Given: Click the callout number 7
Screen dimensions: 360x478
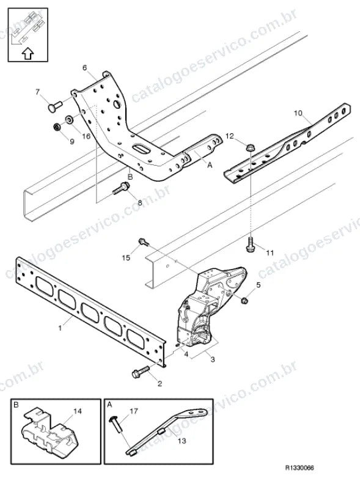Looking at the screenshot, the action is coord(37,92).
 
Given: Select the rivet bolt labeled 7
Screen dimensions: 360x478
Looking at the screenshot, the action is coord(55,106).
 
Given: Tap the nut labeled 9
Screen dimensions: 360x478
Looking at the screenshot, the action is coord(56,126).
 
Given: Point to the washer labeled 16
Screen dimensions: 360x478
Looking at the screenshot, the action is coord(69,119).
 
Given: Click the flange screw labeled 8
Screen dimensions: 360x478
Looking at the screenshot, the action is coord(122,188).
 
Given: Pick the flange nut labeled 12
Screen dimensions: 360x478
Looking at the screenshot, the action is coord(250,147).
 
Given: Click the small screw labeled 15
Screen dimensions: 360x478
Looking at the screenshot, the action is coord(144,241).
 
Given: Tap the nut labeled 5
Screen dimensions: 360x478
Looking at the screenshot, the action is coord(244,301).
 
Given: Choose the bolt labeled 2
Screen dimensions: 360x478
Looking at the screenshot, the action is coord(140,372).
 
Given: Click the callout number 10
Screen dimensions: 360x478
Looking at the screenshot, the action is coord(298,114).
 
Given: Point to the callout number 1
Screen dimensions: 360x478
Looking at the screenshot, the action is coord(60,328).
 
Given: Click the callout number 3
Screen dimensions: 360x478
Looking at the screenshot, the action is coord(213,359).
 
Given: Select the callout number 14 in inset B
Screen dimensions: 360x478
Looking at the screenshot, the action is coord(78,411).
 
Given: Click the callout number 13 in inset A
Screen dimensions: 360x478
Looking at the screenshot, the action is coord(182,441).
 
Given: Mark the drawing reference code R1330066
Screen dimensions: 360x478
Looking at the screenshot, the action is coord(299,468).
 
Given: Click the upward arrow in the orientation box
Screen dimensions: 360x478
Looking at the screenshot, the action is coord(28,53).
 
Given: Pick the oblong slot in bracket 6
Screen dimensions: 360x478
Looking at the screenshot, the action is coord(141,148).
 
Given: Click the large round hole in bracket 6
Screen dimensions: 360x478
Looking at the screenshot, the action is coord(117,105).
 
